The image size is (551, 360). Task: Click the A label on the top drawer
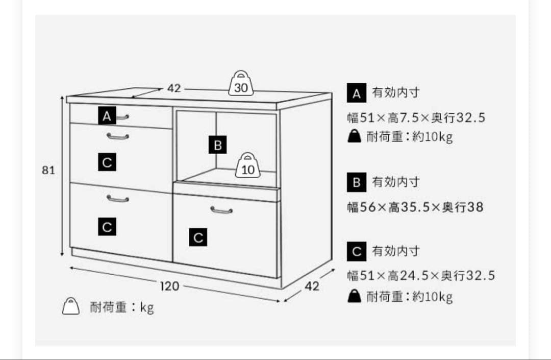point(106,116)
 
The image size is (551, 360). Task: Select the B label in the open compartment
point(217,146)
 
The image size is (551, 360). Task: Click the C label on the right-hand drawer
point(198,237)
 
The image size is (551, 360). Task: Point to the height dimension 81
point(48,171)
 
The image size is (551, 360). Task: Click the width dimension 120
point(169,286)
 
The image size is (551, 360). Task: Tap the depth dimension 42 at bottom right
point(312,286)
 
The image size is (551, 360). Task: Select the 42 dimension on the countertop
point(174,88)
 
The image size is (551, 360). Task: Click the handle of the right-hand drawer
point(221,210)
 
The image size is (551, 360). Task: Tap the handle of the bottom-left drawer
point(117,198)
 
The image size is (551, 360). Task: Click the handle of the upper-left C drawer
point(117,136)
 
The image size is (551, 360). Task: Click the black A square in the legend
point(356,93)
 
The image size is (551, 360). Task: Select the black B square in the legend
point(356,182)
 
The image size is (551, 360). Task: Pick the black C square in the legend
point(356,251)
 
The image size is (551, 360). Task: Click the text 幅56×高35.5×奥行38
point(415,207)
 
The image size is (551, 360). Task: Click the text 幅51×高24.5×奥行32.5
point(421,276)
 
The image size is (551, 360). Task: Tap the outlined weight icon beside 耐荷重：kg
point(71,306)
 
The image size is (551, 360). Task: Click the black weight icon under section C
point(354,296)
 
